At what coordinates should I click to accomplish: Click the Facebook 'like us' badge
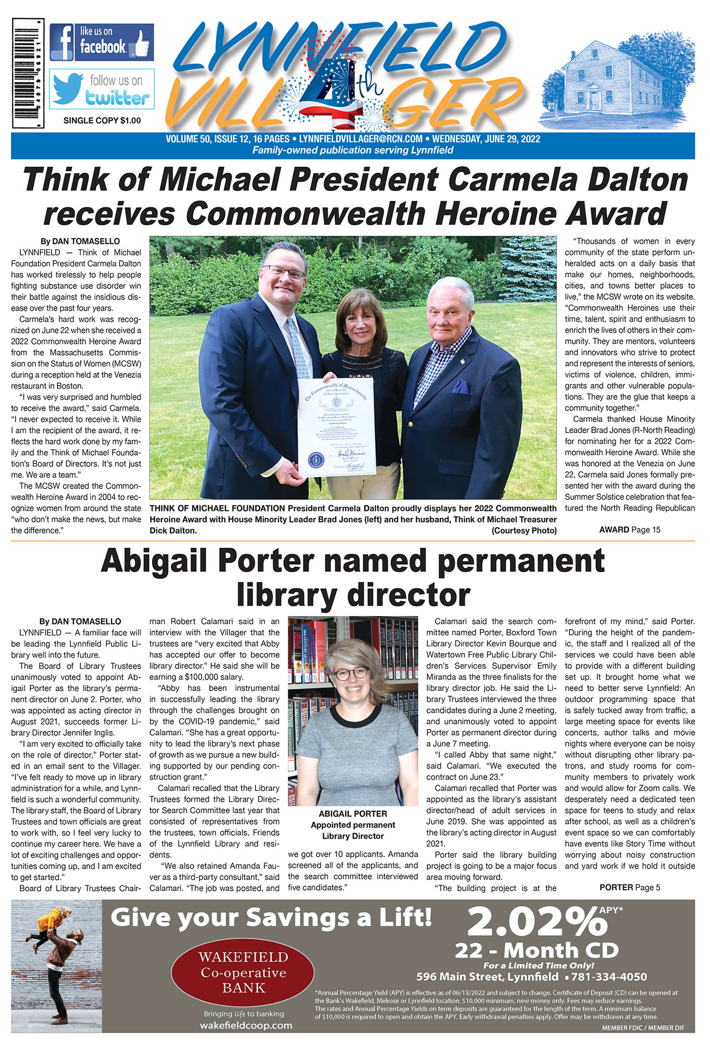102,42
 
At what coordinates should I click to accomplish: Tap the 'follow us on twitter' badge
102,89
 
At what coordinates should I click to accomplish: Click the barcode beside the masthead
28,73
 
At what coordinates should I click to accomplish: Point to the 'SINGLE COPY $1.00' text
102,121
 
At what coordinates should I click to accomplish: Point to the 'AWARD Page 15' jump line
629,530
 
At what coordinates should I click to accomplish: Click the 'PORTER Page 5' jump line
629,887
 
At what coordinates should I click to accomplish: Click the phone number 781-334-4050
610,977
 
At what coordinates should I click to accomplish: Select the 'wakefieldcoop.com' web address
246,1026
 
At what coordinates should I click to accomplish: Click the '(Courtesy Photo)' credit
524,531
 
